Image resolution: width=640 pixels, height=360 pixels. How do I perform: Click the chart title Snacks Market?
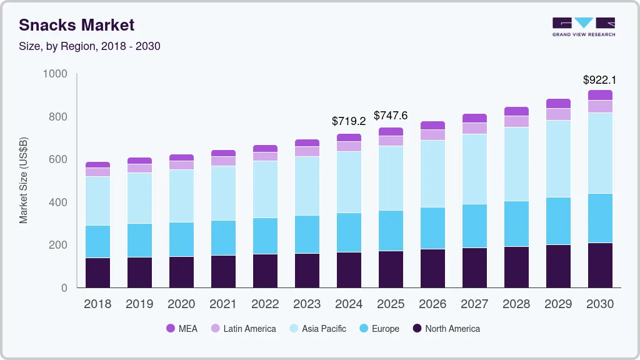click(x=76, y=25)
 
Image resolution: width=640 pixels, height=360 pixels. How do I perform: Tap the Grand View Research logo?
click(x=584, y=27)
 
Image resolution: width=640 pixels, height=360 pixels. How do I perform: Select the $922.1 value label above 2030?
click(x=599, y=80)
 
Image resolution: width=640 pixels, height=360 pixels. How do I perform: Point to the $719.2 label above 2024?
click(x=348, y=121)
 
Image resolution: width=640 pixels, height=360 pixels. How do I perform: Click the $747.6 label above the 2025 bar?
click(x=391, y=116)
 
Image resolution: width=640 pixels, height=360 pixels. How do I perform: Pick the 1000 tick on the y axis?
click(x=55, y=74)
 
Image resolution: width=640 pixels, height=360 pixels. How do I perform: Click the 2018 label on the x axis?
click(x=97, y=304)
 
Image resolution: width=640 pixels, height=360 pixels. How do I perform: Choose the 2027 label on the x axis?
click(x=474, y=304)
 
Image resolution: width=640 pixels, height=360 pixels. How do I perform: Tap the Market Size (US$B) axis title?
click(x=23, y=181)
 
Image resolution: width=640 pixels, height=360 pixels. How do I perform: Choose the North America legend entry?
click(x=446, y=329)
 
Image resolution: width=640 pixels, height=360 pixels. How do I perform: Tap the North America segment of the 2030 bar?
click(x=600, y=265)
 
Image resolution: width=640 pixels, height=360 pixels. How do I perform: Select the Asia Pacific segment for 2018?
click(x=97, y=201)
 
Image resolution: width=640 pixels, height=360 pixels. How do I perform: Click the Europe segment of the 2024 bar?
click(x=349, y=232)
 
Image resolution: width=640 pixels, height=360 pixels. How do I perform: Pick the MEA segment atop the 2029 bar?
click(x=558, y=104)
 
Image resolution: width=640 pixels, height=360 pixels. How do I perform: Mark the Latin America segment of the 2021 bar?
click(x=223, y=161)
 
